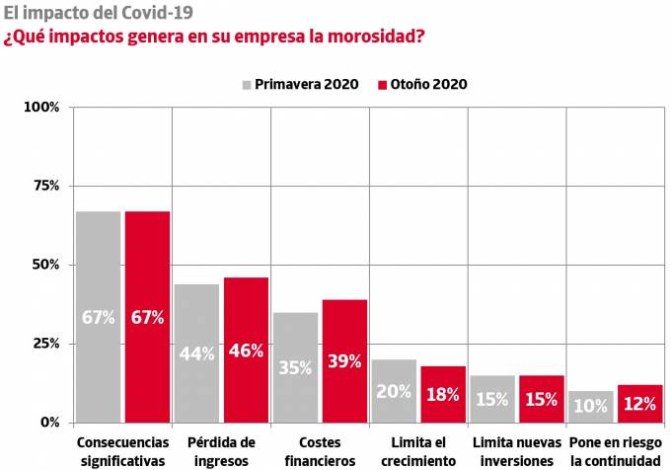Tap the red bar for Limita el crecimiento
point(443,394)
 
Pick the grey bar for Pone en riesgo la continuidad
point(591,406)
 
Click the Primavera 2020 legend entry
point(298,84)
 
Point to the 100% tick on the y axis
point(42,107)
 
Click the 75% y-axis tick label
point(45,186)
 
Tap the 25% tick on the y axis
point(45,344)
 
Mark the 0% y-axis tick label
point(49,423)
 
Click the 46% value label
point(246,352)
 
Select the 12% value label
point(640,404)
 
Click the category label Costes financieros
point(320,451)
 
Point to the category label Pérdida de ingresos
point(221,451)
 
